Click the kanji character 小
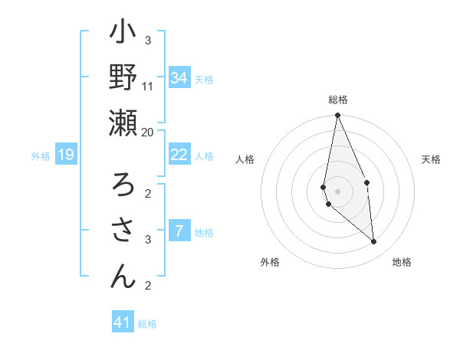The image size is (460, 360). (123, 35)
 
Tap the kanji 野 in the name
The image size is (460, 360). (123, 78)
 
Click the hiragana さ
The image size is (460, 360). (123, 231)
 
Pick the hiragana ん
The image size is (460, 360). (123, 276)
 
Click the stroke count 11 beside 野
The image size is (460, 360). (148, 86)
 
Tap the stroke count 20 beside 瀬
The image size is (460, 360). (148, 132)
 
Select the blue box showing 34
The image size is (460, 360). (179, 78)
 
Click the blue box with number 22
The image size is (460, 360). (179, 155)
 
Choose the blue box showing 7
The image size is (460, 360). (179, 231)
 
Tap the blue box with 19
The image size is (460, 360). (66, 155)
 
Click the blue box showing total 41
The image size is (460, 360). (123, 322)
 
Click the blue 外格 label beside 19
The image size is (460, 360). (41, 156)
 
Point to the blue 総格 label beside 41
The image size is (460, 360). (147, 324)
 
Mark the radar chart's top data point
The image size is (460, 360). (337, 116)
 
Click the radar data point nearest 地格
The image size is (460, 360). (374, 242)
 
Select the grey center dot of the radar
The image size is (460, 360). (337, 191)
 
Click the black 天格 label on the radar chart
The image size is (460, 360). (432, 159)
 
